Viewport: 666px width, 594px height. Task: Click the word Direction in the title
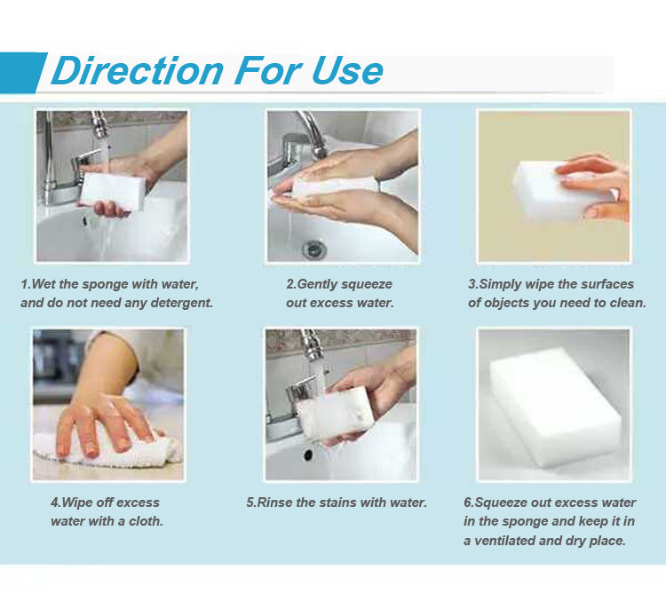coord(137,70)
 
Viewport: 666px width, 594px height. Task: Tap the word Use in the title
coord(347,70)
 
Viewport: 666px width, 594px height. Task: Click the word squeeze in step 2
coord(368,284)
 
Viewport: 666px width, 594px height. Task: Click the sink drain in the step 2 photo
coord(314,249)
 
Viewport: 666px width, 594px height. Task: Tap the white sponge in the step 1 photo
coord(113,192)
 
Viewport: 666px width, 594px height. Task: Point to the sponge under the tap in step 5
coord(336,413)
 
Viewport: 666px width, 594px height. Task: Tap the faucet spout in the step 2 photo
coord(313,132)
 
